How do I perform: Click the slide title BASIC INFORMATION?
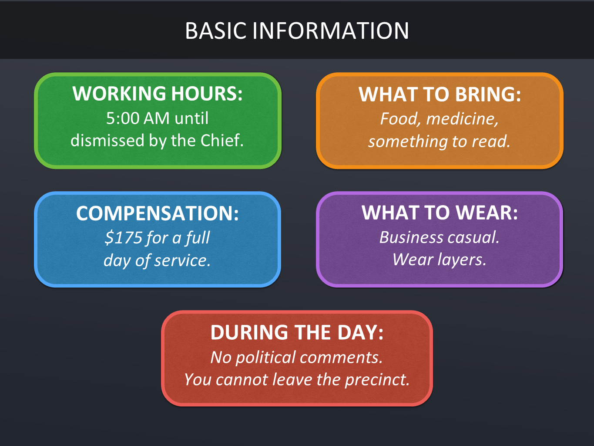pyautogui.click(x=297, y=30)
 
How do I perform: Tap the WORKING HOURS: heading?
pyautogui.click(x=158, y=93)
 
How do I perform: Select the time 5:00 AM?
pyautogui.click(x=138, y=118)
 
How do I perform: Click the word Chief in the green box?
pyautogui.click(x=222, y=140)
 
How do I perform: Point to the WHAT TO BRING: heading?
pyautogui.click(x=440, y=94)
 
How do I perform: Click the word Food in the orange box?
pyautogui.click(x=399, y=119)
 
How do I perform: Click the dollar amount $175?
pyautogui.click(x=124, y=237)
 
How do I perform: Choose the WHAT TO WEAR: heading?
pyautogui.click(x=440, y=213)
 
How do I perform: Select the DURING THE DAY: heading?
pyautogui.click(x=297, y=332)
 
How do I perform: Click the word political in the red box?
pyautogui.click(x=265, y=358)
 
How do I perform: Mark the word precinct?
pyautogui.click(x=377, y=379)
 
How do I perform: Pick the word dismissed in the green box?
pyautogui.click(x=107, y=140)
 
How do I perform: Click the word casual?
pyautogui.click(x=473, y=237)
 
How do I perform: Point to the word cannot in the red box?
pyautogui.click(x=242, y=380)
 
